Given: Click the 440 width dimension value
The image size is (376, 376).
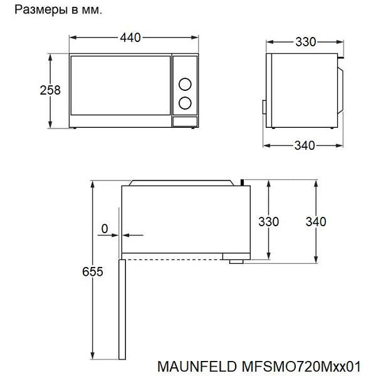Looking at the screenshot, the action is [130, 38].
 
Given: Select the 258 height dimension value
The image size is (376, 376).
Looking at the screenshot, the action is [50, 90].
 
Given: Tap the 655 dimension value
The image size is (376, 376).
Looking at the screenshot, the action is [93, 272].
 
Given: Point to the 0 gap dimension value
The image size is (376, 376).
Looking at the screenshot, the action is [105, 229].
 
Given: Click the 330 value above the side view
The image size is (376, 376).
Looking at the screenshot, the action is [306, 42].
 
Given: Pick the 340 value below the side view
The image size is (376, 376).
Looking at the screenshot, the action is [305, 145].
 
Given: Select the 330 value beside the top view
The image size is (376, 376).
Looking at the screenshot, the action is [269, 222].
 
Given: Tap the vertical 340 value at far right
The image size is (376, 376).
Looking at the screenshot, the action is [316, 222].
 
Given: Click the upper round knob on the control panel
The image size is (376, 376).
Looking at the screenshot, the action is [185, 84].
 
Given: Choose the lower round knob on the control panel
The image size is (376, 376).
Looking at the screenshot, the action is [185, 103].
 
